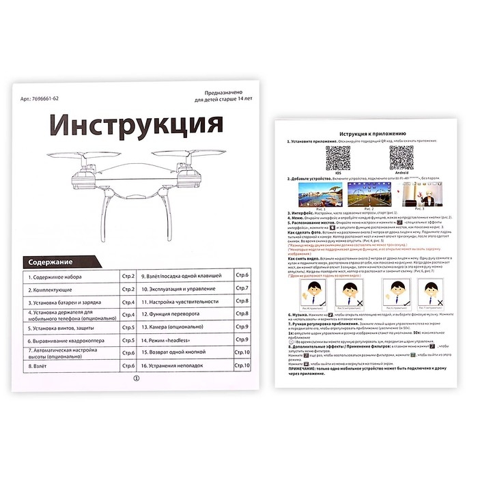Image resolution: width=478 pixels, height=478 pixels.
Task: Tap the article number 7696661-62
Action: coord(41,98)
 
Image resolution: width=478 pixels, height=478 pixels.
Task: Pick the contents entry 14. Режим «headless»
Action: coord(169,339)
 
